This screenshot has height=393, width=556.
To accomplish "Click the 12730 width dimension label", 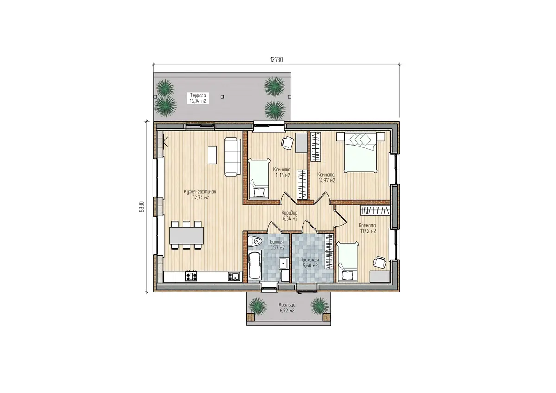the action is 276,60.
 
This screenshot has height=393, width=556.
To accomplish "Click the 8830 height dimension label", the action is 141,206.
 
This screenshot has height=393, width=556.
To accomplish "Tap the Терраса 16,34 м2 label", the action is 198,98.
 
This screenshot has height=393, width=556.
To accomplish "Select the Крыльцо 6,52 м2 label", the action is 287,308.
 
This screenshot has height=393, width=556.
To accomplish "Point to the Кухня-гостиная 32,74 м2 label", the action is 200,195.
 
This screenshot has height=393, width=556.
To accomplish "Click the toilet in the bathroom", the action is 255,241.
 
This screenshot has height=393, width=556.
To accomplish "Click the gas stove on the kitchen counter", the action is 191,276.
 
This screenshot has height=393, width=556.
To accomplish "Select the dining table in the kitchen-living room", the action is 187,235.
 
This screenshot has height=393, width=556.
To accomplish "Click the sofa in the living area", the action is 233,157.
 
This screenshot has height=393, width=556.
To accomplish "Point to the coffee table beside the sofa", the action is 212,155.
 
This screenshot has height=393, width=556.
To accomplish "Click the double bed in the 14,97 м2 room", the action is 360,152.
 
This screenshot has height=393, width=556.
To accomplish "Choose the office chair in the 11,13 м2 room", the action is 288,143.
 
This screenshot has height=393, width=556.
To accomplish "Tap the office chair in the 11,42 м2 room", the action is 380,262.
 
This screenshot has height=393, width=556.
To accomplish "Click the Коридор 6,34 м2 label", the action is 290,216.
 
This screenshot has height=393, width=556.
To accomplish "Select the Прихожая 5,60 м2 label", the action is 310,263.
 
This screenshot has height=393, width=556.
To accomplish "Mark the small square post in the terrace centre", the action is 222,97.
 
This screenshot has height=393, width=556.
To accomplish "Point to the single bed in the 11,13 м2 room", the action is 259,179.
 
